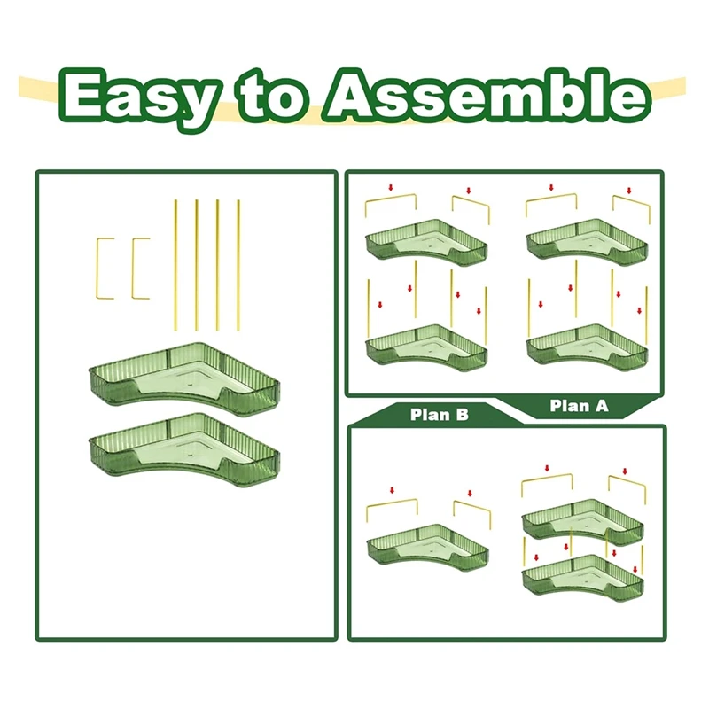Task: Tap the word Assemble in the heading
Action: tap(487, 96)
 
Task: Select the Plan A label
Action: tap(579, 406)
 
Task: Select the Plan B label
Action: tap(439, 415)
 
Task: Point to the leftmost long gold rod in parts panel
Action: tap(175, 265)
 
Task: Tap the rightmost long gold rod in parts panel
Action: tap(238, 265)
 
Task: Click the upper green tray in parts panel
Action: tap(184, 375)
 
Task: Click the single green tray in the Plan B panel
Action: tap(427, 545)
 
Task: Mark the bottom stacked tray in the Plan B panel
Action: tap(583, 574)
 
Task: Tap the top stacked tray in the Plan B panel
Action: tap(583, 520)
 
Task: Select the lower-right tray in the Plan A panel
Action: tap(587, 346)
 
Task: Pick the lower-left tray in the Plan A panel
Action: tap(426, 346)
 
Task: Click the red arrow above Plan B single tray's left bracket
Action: tap(392, 490)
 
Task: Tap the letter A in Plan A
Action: tap(601, 406)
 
